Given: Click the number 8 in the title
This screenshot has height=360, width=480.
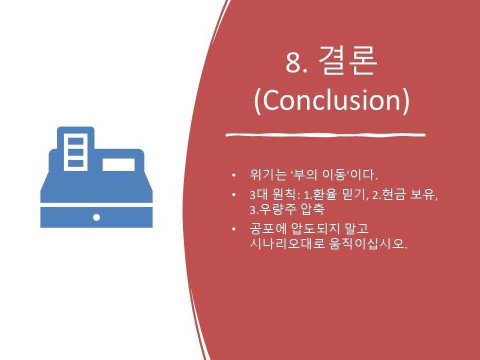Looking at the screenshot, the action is point(292,62).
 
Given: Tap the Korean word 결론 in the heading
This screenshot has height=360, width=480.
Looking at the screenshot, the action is point(347,60).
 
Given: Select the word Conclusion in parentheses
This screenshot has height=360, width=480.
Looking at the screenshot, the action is point(331,100).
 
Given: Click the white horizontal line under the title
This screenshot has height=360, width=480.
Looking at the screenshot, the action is point(325,134).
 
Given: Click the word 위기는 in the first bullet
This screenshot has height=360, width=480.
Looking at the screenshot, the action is point(268,174).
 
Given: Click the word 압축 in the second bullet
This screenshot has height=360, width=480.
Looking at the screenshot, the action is point(312,209).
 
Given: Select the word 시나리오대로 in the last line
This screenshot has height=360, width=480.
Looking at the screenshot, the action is point(287,244).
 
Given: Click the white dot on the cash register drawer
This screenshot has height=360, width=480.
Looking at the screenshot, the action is point(96,217).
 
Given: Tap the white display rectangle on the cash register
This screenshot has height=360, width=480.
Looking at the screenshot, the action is point(118,164).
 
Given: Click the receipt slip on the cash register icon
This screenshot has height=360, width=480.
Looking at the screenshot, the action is point(75,152).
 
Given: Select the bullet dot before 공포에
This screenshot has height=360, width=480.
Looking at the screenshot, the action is point(234,229).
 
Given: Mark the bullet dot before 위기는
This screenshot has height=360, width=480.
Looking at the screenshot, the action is point(234,175).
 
